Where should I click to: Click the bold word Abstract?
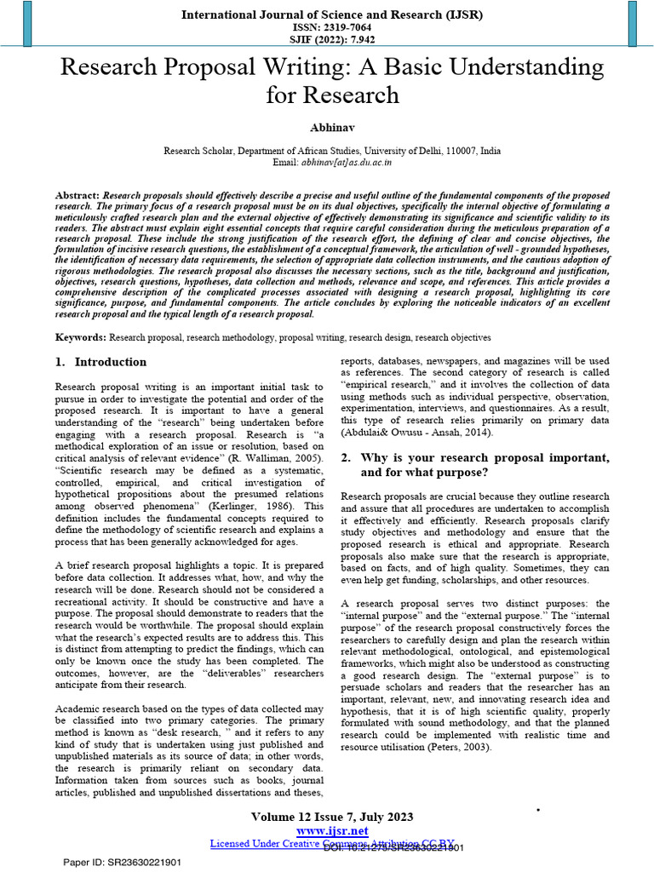pyautogui.click(x=77, y=196)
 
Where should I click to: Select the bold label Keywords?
pyautogui.click(x=81, y=338)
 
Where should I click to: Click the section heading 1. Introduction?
pyautogui.click(x=100, y=362)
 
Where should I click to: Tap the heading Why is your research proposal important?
pyautogui.click(x=484, y=457)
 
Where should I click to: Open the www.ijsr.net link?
pyautogui.click(x=331, y=830)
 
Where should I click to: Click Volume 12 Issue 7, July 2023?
pyautogui.click(x=331, y=817)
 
